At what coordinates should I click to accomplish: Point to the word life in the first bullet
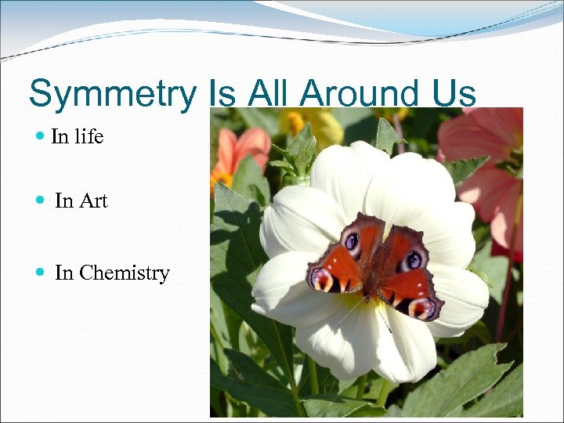89,137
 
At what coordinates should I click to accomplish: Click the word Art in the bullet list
92,201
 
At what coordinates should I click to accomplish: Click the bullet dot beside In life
41,137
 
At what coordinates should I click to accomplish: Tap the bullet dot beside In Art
41,201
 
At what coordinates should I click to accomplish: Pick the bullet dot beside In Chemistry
41,273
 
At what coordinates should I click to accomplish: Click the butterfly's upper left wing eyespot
352,240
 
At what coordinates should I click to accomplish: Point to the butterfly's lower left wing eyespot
322,278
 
